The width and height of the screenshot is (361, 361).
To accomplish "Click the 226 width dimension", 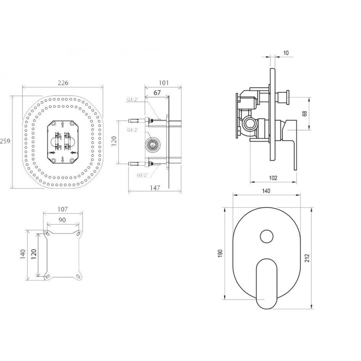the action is [63, 83].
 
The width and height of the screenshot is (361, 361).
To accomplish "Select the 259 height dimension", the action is [5, 141].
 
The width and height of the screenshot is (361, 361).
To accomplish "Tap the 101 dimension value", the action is [164, 83].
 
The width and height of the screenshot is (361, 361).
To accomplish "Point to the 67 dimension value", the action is [157, 93].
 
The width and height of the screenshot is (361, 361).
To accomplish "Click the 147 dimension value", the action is [155, 188].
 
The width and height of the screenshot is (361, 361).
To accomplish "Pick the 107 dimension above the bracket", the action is [62, 209].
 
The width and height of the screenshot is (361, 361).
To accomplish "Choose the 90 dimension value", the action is [62, 220].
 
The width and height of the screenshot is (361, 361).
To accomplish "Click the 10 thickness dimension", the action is [286, 53].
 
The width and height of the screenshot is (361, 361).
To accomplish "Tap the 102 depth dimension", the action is [273, 178].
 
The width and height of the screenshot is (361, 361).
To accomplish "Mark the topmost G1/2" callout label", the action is [132, 100].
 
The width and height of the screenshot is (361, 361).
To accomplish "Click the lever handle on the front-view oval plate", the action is [267, 284].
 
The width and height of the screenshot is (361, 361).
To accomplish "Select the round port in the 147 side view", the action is [152, 144].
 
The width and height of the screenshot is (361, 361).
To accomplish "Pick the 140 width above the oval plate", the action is [266, 191].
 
